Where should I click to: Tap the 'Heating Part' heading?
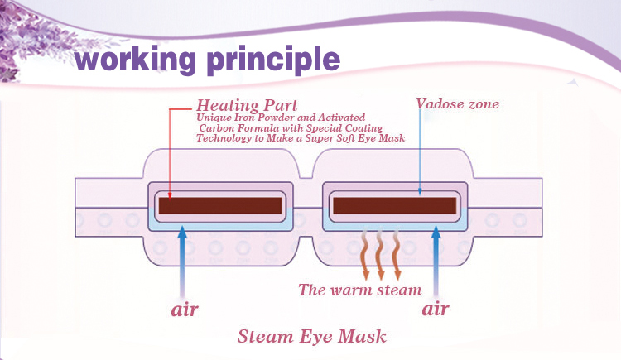pos(246,106)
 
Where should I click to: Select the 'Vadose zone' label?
pos(458,105)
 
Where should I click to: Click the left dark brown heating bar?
pos(219,204)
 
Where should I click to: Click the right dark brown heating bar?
pos(393,204)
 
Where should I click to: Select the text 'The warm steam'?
pos(359,290)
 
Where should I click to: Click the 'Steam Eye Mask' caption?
pos(311,337)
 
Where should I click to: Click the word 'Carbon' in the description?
pos(216,128)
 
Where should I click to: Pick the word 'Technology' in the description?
pos(226,139)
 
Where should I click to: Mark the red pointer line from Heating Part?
pos(170,149)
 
